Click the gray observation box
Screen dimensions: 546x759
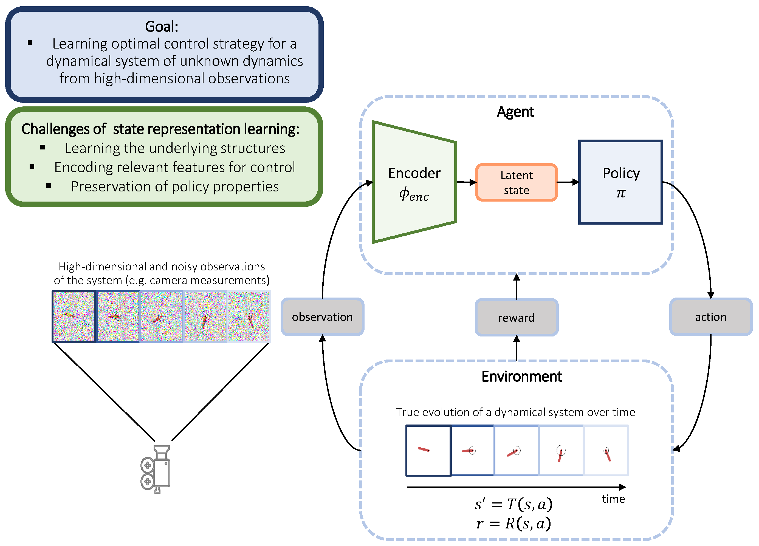322,317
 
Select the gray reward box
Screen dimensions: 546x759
516,318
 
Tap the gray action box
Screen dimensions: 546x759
711,317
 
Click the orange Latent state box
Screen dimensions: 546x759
516,183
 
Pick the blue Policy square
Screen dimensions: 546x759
621,182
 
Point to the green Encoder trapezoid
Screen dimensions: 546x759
414,183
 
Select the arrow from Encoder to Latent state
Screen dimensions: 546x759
466,182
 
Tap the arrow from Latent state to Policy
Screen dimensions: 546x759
568,182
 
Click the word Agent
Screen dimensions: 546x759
515,112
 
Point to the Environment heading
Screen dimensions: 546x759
522,377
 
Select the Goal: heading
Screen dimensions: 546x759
162,26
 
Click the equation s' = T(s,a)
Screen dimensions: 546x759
513,504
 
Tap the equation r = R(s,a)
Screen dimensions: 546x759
513,523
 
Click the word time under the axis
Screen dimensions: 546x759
613,499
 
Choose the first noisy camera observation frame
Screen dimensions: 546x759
74,316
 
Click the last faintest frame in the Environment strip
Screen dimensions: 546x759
606,451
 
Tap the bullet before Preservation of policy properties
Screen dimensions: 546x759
49,186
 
